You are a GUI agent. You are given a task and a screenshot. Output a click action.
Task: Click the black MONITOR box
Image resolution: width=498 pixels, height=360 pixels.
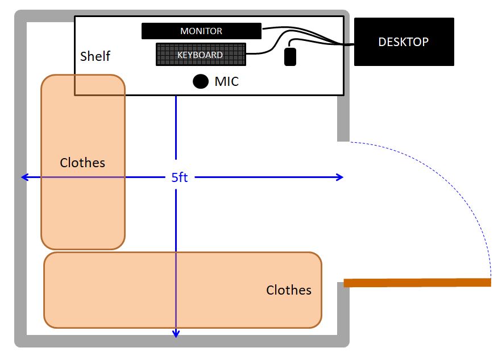(201, 31)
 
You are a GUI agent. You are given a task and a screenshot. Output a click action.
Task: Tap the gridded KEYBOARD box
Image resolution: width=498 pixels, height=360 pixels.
(201, 55)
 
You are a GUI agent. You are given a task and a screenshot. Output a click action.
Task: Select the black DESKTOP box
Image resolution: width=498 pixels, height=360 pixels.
(404, 42)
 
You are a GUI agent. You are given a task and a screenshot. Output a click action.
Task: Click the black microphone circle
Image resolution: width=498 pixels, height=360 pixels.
(201, 81)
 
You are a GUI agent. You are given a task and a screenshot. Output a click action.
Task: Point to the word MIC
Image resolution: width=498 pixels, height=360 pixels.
(226, 82)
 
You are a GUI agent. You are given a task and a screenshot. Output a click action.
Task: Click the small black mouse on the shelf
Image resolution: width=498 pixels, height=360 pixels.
(290, 56)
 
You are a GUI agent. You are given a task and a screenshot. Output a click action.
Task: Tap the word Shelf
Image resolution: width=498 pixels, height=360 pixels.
(95, 56)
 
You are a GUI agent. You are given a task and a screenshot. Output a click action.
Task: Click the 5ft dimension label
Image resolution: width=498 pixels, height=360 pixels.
(180, 177)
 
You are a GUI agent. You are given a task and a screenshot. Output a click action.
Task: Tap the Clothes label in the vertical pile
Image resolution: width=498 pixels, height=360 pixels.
(82, 163)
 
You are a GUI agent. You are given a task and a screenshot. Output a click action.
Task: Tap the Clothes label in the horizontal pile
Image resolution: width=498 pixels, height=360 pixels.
(289, 290)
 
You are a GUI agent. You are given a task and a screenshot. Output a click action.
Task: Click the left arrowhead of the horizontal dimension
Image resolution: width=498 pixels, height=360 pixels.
(24, 177)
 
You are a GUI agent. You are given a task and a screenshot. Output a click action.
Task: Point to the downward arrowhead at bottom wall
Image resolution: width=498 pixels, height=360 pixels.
(176, 334)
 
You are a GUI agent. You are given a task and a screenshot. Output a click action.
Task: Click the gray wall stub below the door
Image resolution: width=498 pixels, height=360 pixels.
(343, 313)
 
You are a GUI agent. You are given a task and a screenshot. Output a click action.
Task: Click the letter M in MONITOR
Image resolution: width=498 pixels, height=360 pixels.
(184, 31)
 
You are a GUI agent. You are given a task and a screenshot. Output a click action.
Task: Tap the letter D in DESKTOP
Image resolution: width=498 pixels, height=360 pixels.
(381, 42)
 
